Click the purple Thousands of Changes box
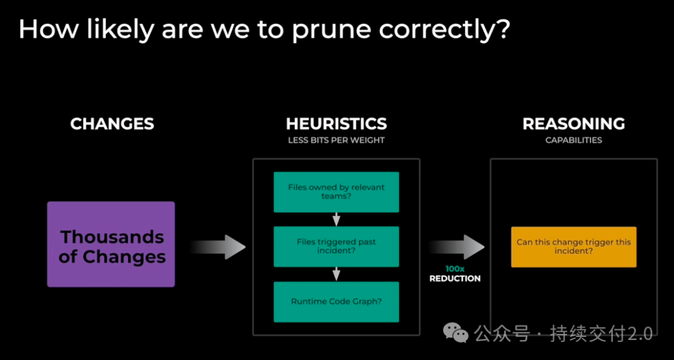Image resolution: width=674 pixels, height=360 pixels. pos(111,244)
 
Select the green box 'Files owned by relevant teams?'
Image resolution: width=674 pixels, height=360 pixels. pos(336,192)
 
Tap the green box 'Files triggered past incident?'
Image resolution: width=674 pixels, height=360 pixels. pos(336,246)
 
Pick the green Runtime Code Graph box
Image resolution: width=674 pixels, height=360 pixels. pos(336,301)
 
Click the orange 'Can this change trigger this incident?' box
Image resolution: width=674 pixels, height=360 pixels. pos(574,246)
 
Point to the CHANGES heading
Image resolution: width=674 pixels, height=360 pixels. pos(112,124)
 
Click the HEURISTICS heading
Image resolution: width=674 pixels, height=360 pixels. pos(336,124)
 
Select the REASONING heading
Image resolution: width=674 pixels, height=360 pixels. pos(574,124)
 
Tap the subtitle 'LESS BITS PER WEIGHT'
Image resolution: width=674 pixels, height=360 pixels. pos(336,140)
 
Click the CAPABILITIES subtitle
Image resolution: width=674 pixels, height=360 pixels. pos(574,140)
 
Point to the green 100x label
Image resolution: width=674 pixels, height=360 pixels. pos(455,268)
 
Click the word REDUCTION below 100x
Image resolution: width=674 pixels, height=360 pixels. pos(455,278)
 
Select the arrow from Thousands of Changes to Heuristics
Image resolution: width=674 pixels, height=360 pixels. pos(218,247)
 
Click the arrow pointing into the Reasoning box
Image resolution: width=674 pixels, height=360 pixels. pos(456,247)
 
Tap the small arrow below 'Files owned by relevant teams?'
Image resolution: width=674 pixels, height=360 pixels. pos(336,219)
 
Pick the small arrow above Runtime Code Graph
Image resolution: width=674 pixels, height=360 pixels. pos(336,274)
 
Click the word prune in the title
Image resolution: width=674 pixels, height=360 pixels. pos(323,30)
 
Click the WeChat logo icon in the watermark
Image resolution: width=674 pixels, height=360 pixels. pos(456,333)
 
